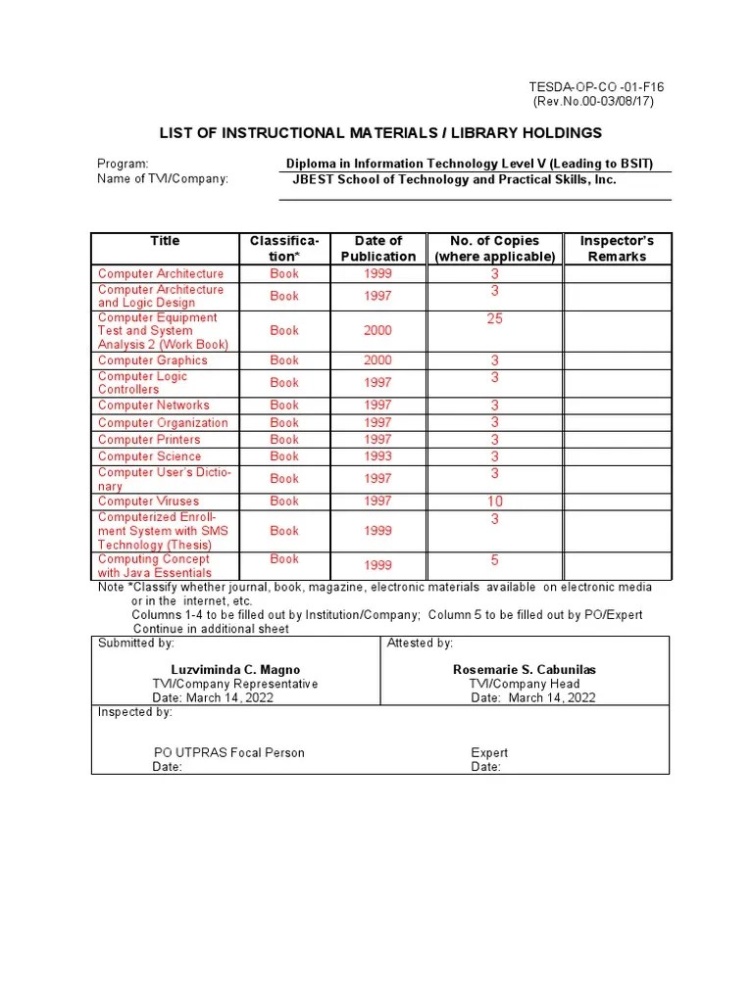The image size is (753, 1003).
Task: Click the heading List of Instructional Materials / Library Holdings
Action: [x=381, y=133]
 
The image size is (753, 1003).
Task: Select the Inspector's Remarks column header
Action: [x=617, y=248]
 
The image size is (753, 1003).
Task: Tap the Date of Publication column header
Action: [x=377, y=248]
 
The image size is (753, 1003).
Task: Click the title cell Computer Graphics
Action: [x=153, y=360]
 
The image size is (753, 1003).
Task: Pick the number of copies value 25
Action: [x=495, y=319]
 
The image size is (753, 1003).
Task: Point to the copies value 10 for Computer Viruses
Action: [x=495, y=501]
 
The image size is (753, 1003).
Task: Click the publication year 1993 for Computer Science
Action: [x=377, y=456]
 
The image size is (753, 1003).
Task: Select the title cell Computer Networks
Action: [x=154, y=406]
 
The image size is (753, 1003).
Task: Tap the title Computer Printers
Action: [x=149, y=440]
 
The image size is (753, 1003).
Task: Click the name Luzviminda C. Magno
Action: [x=235, y=670]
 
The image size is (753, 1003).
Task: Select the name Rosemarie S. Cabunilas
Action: [x=524, y=670]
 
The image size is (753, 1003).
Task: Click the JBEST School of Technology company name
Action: [x=455, y=180]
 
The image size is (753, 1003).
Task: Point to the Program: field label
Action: [x=123, y=164]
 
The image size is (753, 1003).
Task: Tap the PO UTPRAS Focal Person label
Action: [x=229, y=753]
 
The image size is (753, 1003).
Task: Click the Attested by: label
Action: [x=420, y=644]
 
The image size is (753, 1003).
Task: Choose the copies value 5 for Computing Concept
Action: [x=495, y=561]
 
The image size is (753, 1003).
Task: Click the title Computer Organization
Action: [x=163, y=423]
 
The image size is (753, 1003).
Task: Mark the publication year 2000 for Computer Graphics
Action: [x=377, y=360]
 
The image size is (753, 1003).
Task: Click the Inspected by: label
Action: [x=135, y=712]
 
